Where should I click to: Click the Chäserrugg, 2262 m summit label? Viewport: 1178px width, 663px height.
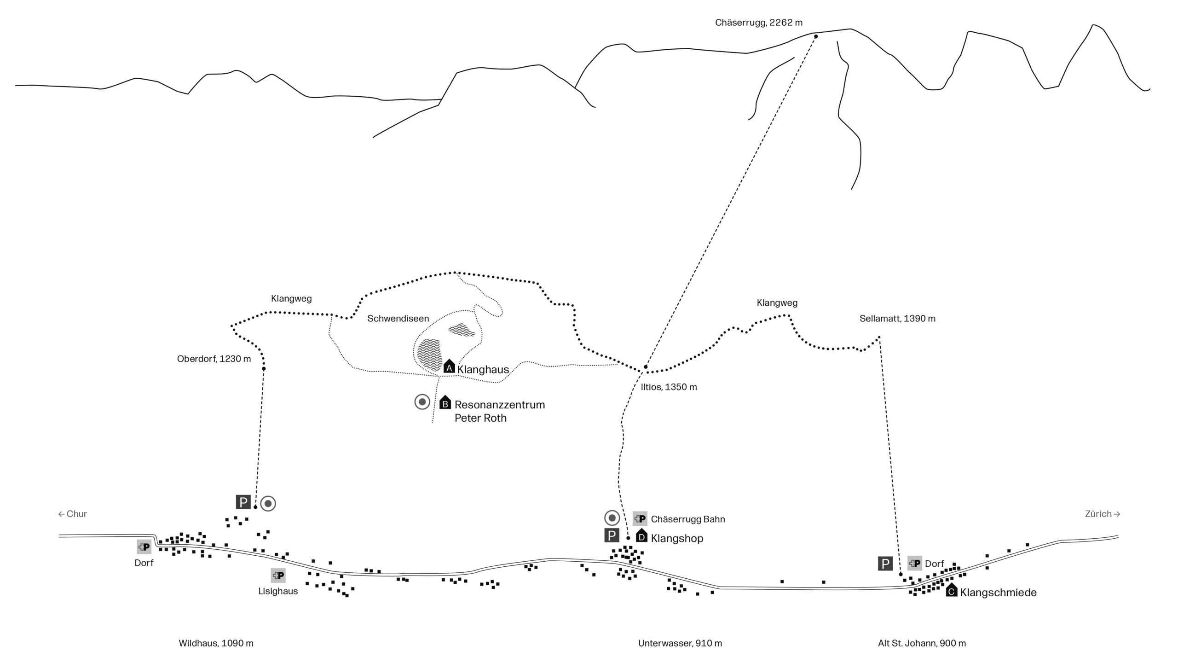[x=758, y=23]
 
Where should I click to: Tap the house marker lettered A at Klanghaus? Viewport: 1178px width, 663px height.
[x=449, y=366]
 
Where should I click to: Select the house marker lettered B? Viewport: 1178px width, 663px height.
[x=445, y=402]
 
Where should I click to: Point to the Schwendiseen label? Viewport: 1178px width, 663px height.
[x=398, y=319]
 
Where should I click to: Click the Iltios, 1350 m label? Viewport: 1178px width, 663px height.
[x=669, y=387]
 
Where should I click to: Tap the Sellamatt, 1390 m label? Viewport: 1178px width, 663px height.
[x=897, y=319]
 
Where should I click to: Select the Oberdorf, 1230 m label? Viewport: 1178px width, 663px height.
[x=214, y=359]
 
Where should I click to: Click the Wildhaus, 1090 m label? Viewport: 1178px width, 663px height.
[x=216, y=643]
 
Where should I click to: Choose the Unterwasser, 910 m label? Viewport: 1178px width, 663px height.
[x=680, y=643]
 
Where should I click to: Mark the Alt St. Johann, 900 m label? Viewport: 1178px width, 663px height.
[x=922, y=643]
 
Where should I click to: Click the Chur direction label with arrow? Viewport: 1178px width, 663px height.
[x=73, y=514]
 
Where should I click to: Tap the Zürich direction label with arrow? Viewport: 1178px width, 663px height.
[x=1103, y=514]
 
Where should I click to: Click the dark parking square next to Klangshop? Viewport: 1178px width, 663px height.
[x=612, y=535]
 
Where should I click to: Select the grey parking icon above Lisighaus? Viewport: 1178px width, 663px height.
[x=278, y=575]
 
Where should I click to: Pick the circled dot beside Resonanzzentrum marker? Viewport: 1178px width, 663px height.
[x=422, y=402]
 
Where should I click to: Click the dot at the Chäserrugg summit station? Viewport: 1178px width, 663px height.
[x=816, y=36]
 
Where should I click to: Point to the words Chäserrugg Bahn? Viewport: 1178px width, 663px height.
[x=687, y=519]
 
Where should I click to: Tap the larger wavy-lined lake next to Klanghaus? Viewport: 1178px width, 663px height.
[x=428, y=355]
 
